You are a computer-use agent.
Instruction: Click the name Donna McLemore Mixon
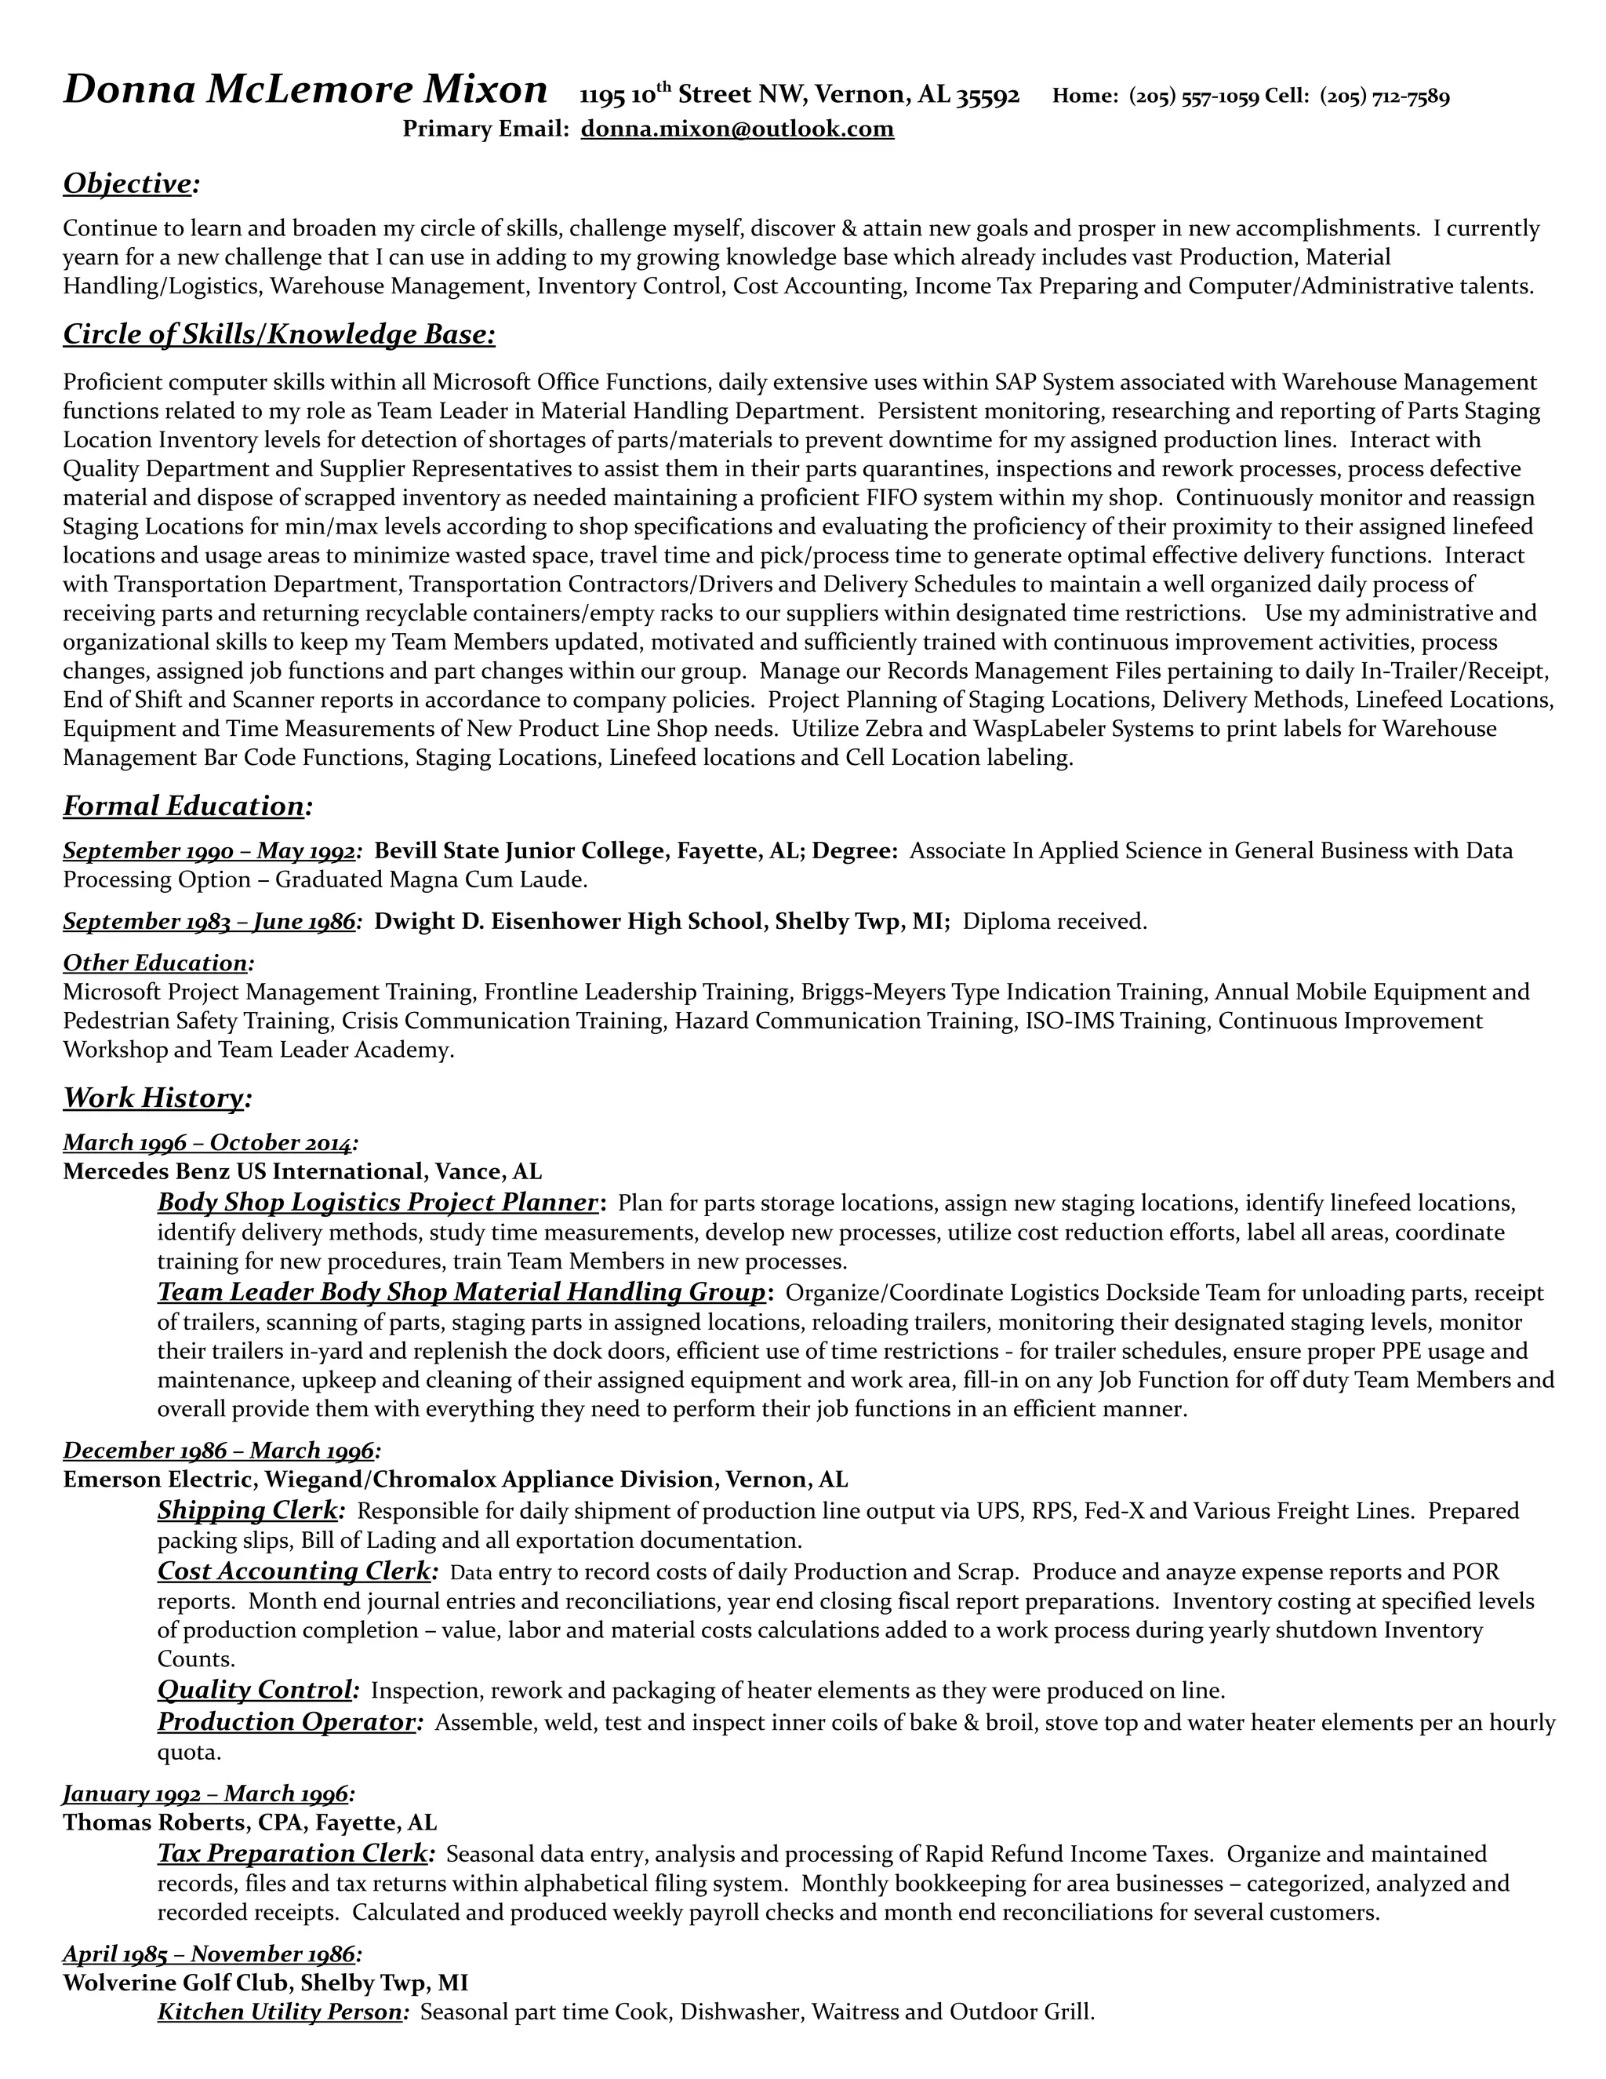pyautogui.click(x=304, y=91)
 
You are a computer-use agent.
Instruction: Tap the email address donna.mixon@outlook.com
pyautogui.click(x=737, y=129)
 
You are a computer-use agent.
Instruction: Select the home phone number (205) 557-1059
pyautogui.click(x=1194, y=96)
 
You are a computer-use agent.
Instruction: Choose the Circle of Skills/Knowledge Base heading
pyautogui.click(x=278, y=335)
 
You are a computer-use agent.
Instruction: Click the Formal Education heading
pyautogui.click(x=183, y=806)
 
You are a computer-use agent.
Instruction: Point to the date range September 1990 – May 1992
pyautogui.click(x=209, y=851)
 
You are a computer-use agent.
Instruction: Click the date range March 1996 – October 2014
pyautogui.click(x=207, y=1142)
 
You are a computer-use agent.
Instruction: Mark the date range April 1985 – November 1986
pyautogui.click(x=209, y=1954)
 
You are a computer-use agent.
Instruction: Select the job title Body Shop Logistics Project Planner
pyautogui.click(x=378, y=1203)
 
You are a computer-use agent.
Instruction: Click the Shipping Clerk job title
pyautogui.click(x=247, y=1511)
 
